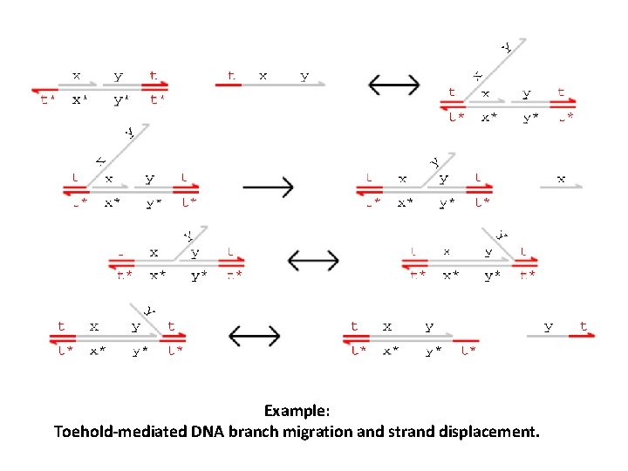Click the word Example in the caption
(296, 410)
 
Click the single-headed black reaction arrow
(268, 188)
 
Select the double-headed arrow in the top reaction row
(394, 85)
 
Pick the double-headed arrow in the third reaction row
(313, 259)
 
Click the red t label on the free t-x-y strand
(230, 76)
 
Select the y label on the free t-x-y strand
(304, 76)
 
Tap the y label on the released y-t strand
(549, 326)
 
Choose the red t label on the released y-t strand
(584, 326)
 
